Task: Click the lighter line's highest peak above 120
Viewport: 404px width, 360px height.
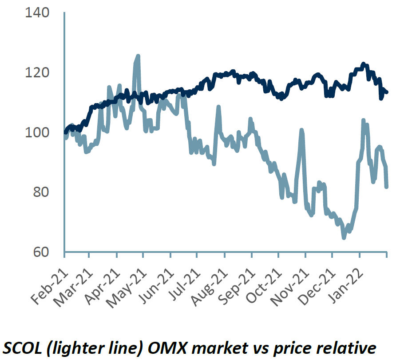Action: coord(138,56)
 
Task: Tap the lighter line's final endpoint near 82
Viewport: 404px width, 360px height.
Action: coord(386,187)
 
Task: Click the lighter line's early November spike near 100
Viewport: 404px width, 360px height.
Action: coord(302,130)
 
